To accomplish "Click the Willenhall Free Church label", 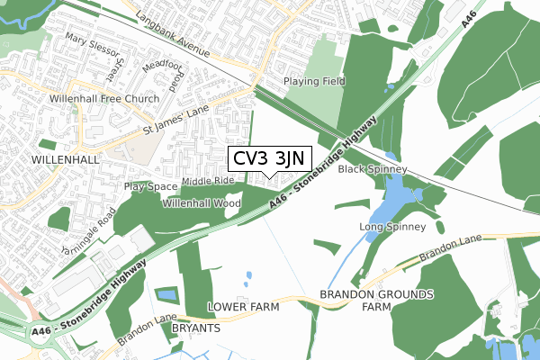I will coord(105,99).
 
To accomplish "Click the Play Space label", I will coord(151,186).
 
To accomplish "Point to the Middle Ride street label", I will coord(208,181).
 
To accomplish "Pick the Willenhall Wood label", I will coord(202,204).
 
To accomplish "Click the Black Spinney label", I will coord(373,169).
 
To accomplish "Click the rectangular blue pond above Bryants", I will coord(167,294).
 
